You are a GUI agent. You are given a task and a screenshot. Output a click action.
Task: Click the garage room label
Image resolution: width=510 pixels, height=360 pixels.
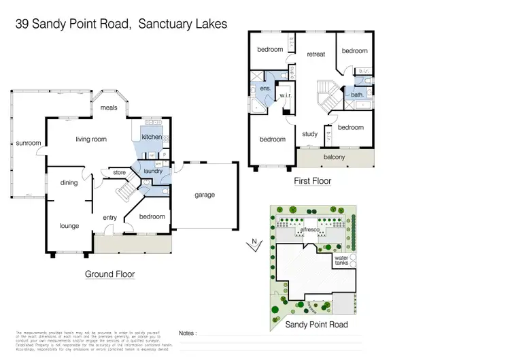point(205,195)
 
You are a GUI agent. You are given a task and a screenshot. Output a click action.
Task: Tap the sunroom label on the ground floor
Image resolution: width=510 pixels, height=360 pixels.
point(29,144)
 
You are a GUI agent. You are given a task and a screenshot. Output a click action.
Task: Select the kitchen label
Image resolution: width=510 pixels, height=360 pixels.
point(152,137)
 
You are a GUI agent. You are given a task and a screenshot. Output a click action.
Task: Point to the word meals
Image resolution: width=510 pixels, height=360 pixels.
point(109,108)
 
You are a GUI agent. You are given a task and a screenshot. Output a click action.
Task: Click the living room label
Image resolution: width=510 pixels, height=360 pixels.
point(91,140)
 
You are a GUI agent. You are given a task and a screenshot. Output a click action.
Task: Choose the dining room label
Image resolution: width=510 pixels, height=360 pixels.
point(69,182)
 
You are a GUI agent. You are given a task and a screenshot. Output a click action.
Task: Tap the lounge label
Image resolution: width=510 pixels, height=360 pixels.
point(69,225)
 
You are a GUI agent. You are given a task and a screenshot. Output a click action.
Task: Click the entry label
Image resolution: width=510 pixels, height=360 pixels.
point(110,218)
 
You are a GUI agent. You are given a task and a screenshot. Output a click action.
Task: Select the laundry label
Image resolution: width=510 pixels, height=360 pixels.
point(153,171)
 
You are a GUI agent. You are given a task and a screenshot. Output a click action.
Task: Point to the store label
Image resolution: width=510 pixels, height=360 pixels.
point(120,172)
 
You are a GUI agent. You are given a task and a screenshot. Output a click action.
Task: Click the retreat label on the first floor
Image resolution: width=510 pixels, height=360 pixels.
point(316,54)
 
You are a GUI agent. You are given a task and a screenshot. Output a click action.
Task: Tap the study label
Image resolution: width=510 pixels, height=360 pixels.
point(309,134)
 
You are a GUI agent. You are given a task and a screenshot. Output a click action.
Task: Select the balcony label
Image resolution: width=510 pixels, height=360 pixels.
point(334,158)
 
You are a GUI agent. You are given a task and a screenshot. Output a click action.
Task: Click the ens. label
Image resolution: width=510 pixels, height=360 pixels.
point(265,89)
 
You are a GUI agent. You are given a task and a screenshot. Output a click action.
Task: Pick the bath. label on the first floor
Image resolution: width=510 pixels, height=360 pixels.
point(357,95)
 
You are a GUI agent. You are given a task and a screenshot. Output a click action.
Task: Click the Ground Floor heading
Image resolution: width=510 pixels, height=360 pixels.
point(109,274)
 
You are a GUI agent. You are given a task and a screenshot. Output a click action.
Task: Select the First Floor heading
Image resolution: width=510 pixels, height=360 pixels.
point(313,181)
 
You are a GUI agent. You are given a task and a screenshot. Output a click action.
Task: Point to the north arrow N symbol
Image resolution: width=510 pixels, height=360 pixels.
point(253,241)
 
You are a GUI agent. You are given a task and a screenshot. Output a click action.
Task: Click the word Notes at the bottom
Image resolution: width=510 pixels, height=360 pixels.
point(188,333)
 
